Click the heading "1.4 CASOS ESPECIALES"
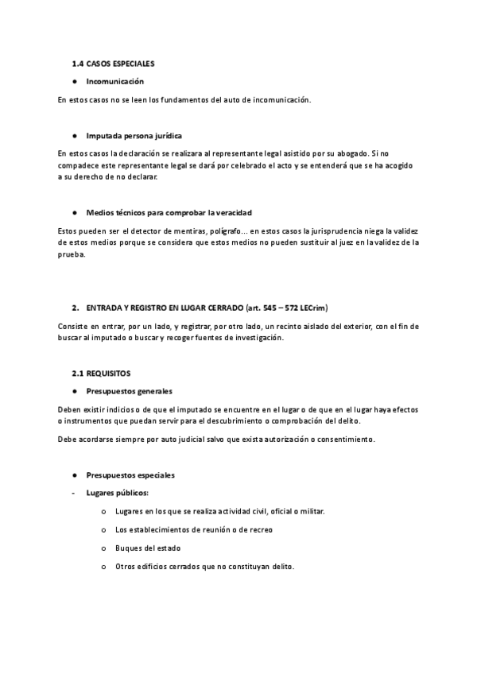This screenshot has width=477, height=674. click(x=113, y=62)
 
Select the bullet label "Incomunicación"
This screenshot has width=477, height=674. click(x=115, y=81)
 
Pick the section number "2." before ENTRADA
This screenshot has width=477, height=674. click(x=74, y=306)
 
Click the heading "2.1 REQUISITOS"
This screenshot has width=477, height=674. click(x=101, y=372)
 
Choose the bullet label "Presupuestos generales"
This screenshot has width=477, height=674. click(x=130, y=391)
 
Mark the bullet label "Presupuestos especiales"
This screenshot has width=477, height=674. click(x=130, y=475)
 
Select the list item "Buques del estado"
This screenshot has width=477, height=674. click(x=148, y=548)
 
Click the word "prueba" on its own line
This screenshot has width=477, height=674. click(x=71, y=255)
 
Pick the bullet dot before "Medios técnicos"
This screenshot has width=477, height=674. click(x=73, y=212)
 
